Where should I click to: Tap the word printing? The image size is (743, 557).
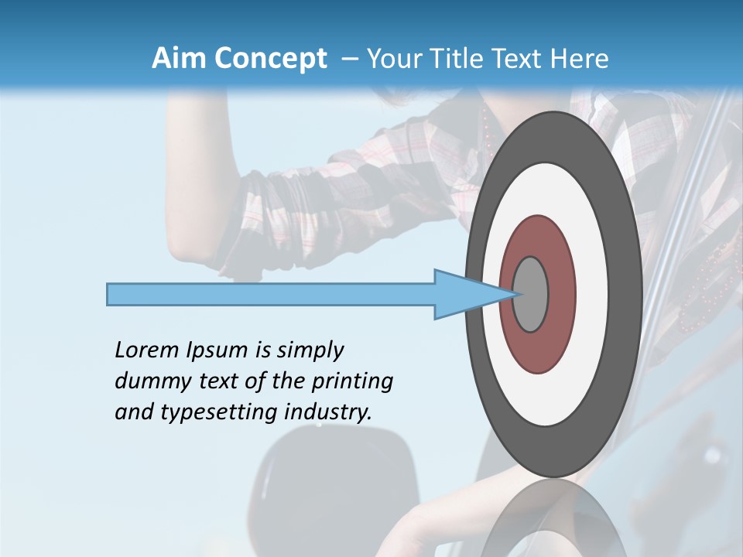point(352,381)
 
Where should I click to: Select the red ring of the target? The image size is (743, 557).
point(559,295)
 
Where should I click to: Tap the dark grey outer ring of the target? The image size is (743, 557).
point(627,295)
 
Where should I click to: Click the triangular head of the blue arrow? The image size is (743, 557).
point(464,295)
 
